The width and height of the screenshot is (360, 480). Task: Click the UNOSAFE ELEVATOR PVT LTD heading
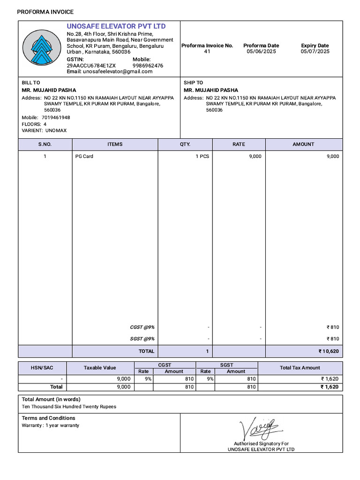(x=116, y=26)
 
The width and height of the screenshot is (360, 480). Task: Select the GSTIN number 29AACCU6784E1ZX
(x=91, y=66)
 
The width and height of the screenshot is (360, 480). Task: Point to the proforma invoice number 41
(x=207, y=52)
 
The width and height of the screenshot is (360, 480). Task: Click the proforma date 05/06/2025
(x=261, y=52)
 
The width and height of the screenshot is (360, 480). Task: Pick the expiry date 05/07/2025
(x=315, y=52)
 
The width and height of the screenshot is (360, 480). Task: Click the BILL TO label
(x=31, y=82)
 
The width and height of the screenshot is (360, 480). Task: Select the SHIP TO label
(x=193, y=82)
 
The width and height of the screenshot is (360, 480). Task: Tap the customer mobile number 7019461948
(x=56, y=117)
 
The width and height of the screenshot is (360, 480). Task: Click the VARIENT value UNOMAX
(x=56, y=130)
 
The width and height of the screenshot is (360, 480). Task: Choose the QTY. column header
(x=185, y=144)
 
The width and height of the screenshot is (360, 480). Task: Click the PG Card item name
(x=84, y=157)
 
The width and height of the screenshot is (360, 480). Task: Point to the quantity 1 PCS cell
(x=202, y=157)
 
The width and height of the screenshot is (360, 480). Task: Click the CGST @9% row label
(x=142, y=327)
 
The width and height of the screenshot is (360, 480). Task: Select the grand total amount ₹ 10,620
(x=328, y=351)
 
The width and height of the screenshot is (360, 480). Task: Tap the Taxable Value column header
(x=100, y=368)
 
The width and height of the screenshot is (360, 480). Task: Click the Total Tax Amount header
(x=300, y=368)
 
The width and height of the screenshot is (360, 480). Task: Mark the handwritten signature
(x=260, y=427)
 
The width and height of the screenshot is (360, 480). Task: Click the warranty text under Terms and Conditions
(x=51, y=426)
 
